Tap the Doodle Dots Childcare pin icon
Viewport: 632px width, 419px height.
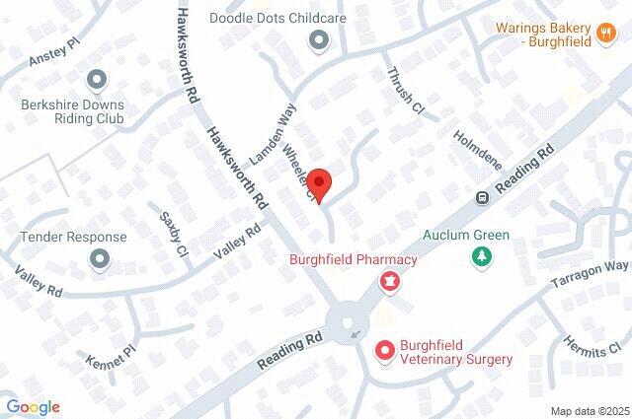pos(318,40)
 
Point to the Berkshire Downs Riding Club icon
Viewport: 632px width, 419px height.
pos(96,78)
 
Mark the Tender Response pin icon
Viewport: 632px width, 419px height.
pos(99,259)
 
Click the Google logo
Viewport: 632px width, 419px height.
pos(33,407)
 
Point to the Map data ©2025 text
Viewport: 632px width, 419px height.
pos(589,410)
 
